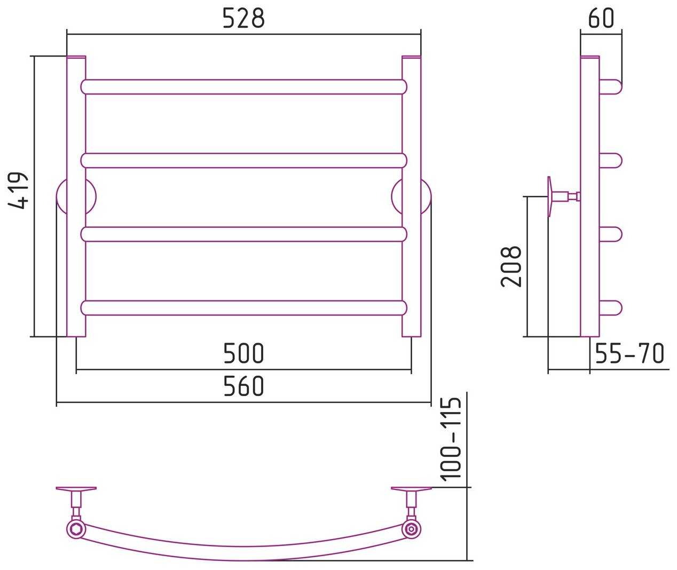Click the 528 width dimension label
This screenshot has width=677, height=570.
pos(243,18)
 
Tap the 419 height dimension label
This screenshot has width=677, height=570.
pos(18,191)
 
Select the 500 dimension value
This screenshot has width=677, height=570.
pos(243,353)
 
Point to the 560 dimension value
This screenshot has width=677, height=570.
pos(243,386)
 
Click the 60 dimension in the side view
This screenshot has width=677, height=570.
pos(601,18)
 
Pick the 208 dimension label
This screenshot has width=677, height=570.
pos(511,267)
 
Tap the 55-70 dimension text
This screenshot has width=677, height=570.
pos(629,353)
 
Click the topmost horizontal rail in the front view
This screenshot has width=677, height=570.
pos(243,87)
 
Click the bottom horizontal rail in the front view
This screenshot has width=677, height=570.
pos(243,308)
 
